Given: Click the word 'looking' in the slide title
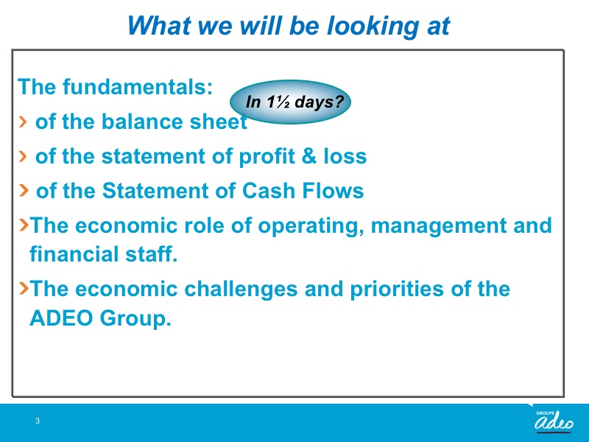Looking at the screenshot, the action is click(x=373, y=27).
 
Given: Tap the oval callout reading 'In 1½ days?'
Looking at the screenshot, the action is click(x=290, y=102).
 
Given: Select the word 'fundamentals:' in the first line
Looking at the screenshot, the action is click(x=138, y=87).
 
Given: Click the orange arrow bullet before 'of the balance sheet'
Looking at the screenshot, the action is click(x=23, y=122).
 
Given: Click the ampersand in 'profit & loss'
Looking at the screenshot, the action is click(x=308, y=156).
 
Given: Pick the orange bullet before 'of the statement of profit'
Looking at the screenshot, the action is click(x=23, y=156).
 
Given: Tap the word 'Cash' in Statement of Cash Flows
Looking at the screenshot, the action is click(x=269, y=191).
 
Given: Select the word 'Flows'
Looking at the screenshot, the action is click(x=334, y=191).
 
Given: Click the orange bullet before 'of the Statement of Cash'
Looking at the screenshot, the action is click(x=24, y=190).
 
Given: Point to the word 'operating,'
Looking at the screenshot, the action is click(x=311, y=226).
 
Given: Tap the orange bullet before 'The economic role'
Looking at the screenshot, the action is click(x=24, y=225).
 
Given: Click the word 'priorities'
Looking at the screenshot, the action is click(x=397, y=290).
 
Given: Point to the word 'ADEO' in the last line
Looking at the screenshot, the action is click(x=61, y=318).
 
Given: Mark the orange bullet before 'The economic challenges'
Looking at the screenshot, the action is click(x=24, y=287).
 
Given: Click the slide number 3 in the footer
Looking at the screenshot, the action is click(x=38, y=421).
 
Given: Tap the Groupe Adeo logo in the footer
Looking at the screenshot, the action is click(x=554, y=421).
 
